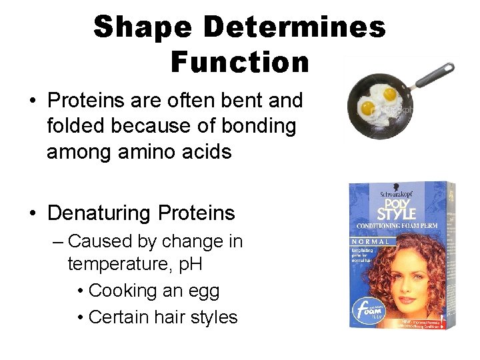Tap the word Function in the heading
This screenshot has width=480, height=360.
239,62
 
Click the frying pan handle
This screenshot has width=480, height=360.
433,75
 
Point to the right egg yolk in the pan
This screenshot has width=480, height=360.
389,94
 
